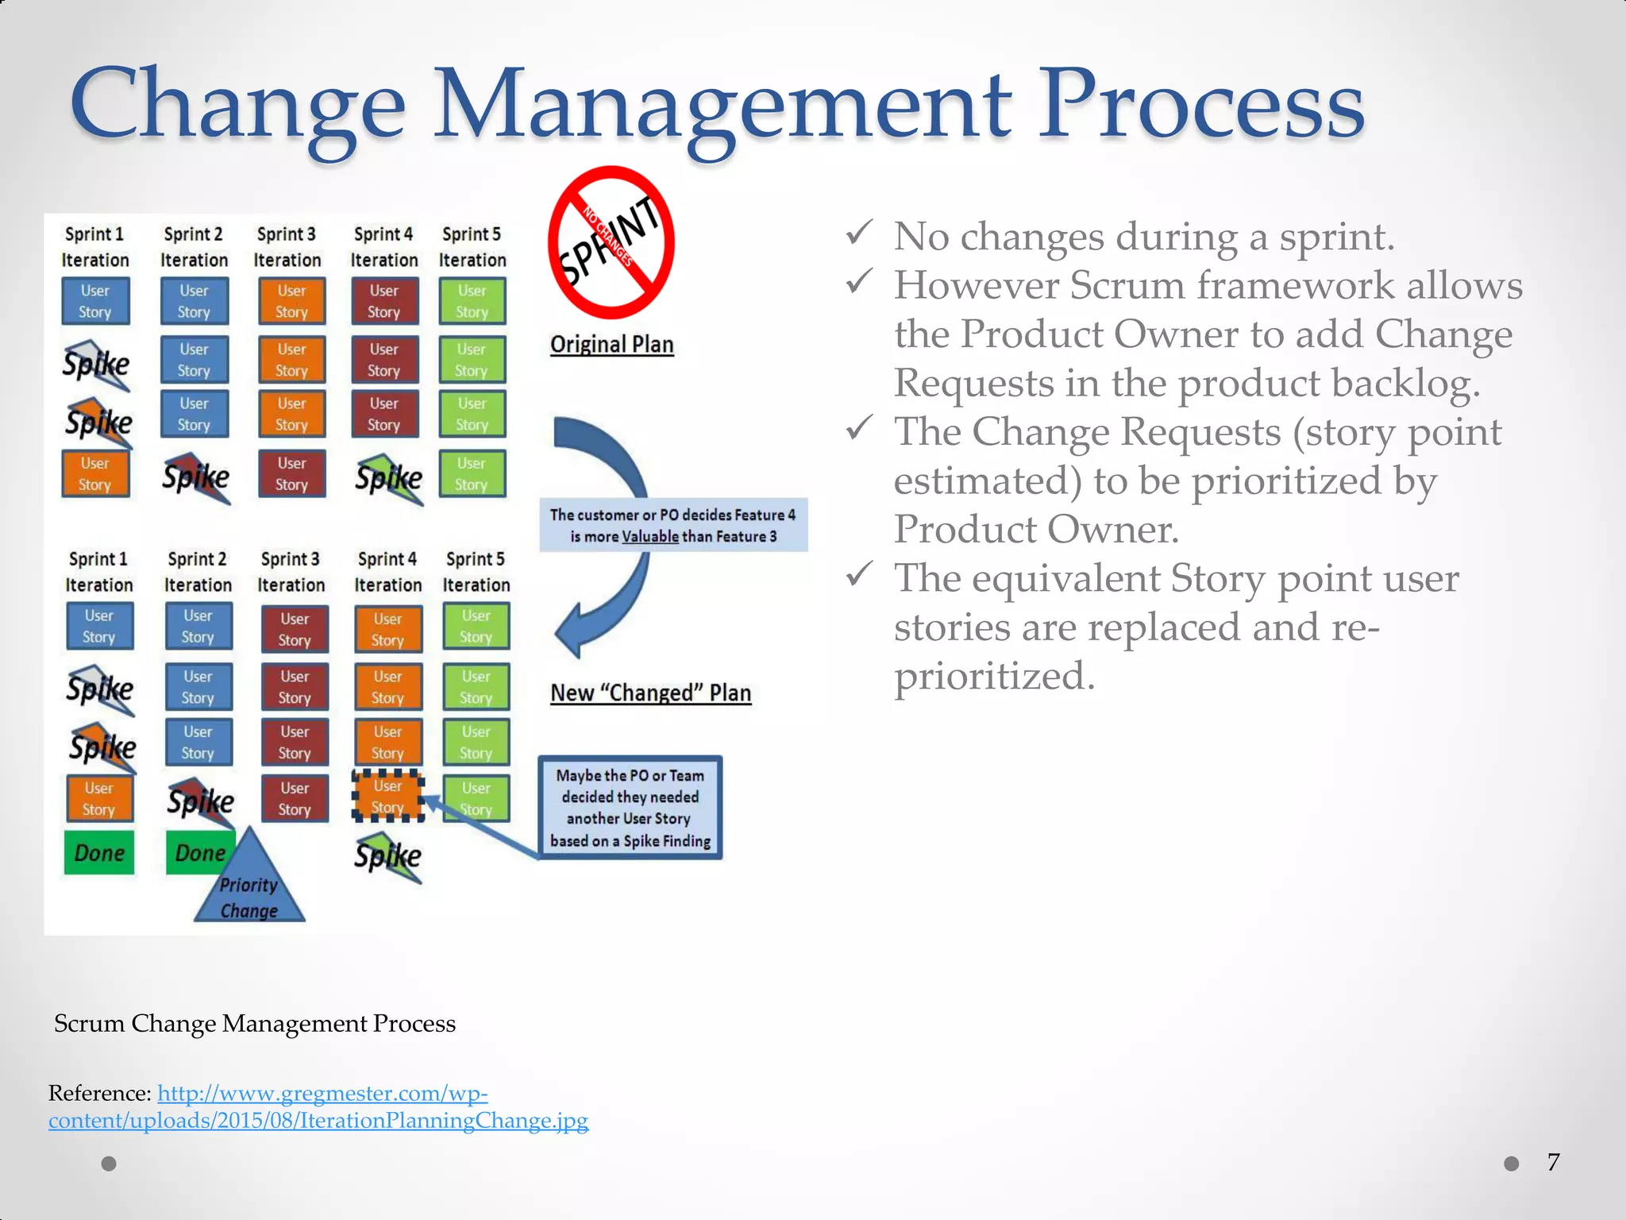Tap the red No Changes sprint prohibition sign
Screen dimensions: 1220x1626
pos(611,243)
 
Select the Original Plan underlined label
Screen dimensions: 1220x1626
pos(611,345)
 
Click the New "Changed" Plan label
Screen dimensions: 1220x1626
pos(650,693)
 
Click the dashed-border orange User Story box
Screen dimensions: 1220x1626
pos(387,797)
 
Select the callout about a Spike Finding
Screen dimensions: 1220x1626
pos(630,808)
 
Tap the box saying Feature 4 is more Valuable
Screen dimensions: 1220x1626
pos(673,525)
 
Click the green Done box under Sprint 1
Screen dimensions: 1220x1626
pos(99,853)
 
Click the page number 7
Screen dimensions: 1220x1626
pos(1553,1163)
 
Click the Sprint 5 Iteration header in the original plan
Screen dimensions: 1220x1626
pos(472,247)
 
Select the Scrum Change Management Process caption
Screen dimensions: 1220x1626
pos(254,1024)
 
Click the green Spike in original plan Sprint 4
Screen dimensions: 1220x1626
pos(389,478)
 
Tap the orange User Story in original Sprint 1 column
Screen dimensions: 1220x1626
pos(95,474)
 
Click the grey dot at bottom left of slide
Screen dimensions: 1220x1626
pos(109,1164)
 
